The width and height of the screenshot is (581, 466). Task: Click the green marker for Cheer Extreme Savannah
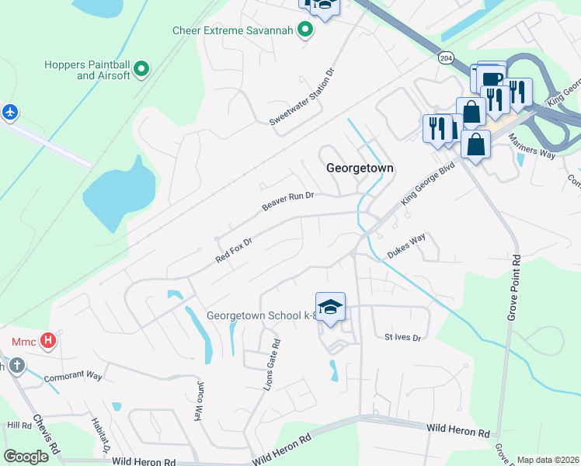coord(305,31)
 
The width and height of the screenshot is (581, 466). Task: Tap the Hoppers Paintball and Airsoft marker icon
coord(141,70)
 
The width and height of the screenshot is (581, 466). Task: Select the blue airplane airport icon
coord(9,113)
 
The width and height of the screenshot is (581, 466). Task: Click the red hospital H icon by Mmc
coord(48,340)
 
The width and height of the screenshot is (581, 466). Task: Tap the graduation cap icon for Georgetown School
coord(330,307)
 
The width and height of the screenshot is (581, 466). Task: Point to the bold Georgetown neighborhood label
coord(360,168)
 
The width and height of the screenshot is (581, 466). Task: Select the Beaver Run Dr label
coord(287,202)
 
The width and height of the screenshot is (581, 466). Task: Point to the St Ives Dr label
coord(402,338)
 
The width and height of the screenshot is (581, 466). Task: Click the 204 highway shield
coord(445,58)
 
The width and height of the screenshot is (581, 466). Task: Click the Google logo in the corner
coord(26,457)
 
